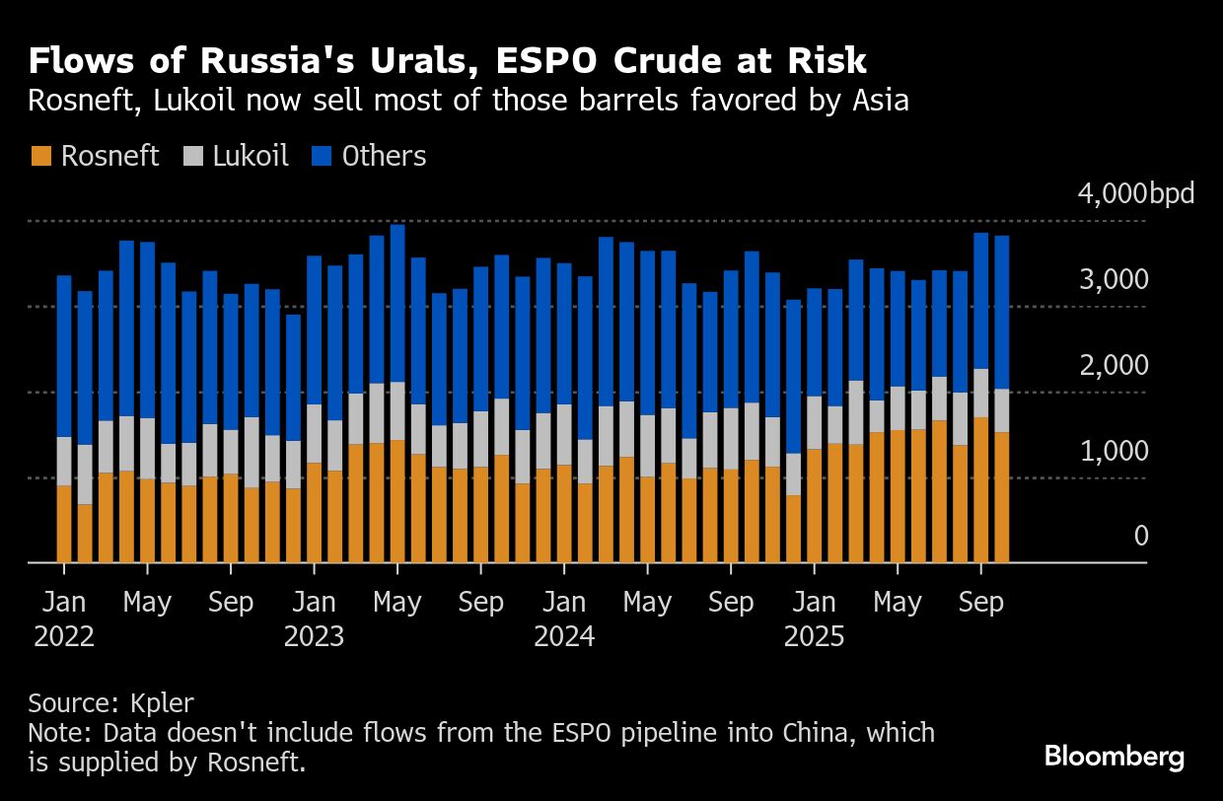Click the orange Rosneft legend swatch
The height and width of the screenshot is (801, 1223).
pyautogui.click(x=40, y=157)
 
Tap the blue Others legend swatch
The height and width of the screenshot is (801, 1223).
pyautogui.click(x=322, y=157)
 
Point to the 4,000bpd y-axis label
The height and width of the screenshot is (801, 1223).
pyautogui.click(x=1135, y=193)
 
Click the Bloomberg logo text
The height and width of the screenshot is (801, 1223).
pyautogui.click(x=1115, y=757)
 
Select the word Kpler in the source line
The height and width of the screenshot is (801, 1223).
pyautogui.click(x=163, y=703)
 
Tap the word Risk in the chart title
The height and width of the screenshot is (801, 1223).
pyautogui.click(x=825, y=61)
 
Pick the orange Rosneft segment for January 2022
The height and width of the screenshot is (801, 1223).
pyautogui.click(x=64, y=524)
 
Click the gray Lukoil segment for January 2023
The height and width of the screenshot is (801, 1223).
pyautogui.click(x=314, y=433)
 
